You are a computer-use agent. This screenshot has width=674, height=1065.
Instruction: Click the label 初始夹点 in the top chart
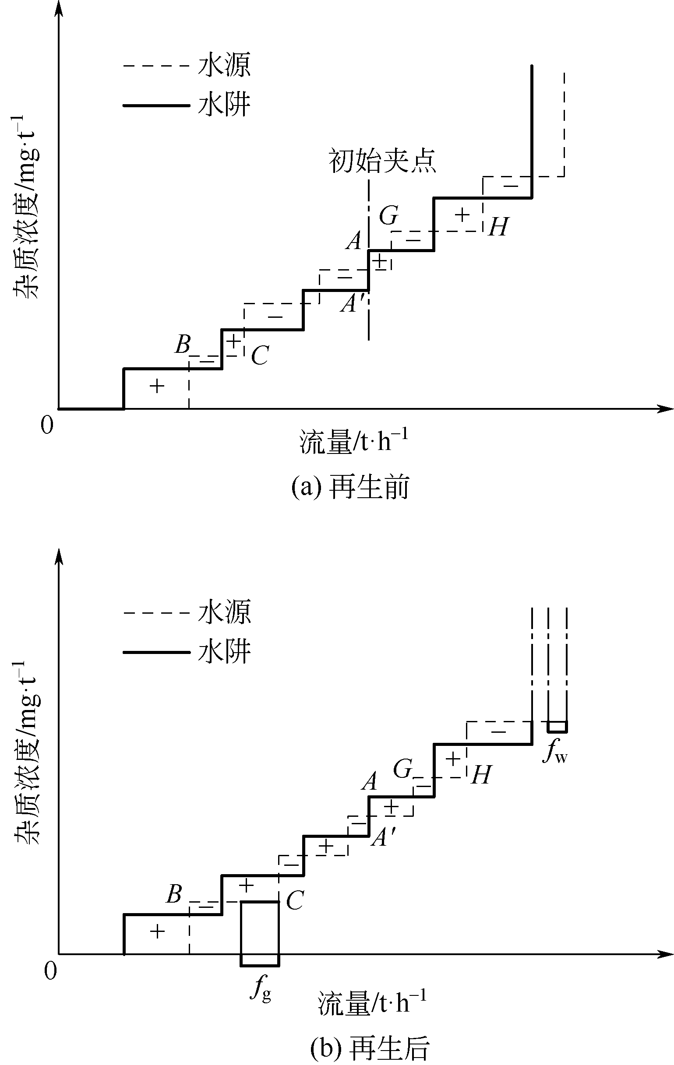[x=382, y=161]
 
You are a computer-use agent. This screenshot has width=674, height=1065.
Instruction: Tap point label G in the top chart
[x=388, y=215]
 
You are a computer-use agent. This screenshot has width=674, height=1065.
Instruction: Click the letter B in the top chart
[x=182, y=344]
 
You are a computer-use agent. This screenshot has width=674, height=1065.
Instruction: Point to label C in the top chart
[x=260, y=355]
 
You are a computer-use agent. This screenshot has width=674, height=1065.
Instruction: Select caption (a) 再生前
[x=350, y=488]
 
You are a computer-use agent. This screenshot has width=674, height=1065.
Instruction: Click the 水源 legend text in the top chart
[x=224, y=65]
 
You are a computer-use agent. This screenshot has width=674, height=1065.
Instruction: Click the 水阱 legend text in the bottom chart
[x=224, y=651]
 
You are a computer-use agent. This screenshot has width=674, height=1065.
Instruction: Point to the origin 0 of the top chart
[x=46, y=425]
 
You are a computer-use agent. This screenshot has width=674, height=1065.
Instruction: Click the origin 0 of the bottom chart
[x=50, y=971]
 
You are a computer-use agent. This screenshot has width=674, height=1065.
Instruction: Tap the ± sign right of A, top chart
[x=380, y=261]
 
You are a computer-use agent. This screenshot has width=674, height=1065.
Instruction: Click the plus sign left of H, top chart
[x=462, y=215]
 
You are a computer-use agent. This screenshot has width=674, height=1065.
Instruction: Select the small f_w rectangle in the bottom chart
[x=557, y=727]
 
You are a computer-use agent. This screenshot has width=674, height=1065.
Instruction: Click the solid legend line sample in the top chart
[x=156, y=105]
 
